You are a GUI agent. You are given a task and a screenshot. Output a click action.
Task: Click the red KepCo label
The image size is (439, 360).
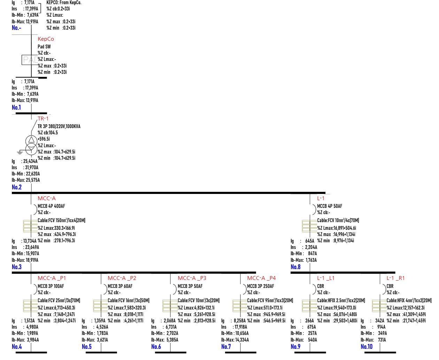coord(46,39)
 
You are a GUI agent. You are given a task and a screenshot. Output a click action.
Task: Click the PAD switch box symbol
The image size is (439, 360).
coord(30,60)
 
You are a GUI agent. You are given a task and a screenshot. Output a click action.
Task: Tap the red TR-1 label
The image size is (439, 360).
coord(43,118)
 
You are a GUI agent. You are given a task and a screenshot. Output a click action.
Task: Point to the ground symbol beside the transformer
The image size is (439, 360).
coord(20,152)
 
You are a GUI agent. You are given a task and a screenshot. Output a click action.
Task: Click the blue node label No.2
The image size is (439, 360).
coord(17,187)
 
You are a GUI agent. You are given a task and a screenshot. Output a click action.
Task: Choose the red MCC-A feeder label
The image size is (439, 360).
coord(47,198)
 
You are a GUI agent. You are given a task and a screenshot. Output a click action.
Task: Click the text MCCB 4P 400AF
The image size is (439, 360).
coord(51,206)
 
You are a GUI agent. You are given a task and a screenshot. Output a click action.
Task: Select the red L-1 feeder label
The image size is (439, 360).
coord(321,198)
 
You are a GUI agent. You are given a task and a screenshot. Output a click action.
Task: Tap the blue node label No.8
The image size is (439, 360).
coord(295,267)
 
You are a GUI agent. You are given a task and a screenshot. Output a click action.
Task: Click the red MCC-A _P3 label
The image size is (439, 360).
coord(192,278)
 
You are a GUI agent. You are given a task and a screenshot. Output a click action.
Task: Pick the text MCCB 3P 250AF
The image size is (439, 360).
coord(260,286)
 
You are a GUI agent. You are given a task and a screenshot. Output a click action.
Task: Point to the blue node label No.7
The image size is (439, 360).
coord(226,346)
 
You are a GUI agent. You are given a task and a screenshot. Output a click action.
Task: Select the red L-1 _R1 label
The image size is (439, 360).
coord(395,278)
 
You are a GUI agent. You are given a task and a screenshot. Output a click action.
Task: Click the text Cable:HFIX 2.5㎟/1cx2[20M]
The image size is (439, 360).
coord(341,300)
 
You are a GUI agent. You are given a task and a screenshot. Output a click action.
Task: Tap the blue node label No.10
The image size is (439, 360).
coord(366,346)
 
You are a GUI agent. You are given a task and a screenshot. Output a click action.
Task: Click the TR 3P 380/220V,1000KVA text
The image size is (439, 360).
coord(59,126)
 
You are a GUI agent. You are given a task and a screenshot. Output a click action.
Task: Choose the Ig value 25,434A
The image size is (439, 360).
coord(30,161)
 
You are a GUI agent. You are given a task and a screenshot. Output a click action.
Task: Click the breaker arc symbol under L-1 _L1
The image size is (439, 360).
coord(315,289)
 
